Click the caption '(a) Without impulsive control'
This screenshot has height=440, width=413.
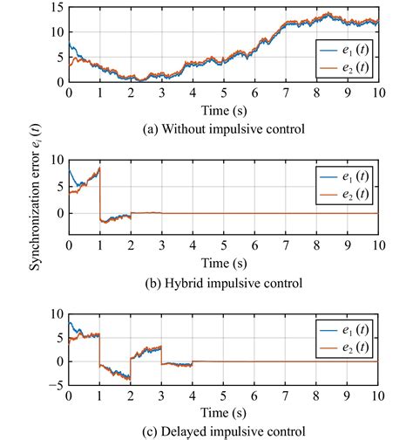coord(223,129)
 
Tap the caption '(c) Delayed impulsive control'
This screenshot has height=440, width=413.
coord(223,430)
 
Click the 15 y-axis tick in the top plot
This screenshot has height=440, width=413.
coord(57,8)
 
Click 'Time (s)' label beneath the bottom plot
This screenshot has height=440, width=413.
coord(223,413)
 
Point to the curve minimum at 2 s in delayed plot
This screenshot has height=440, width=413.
coord(130,379)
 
